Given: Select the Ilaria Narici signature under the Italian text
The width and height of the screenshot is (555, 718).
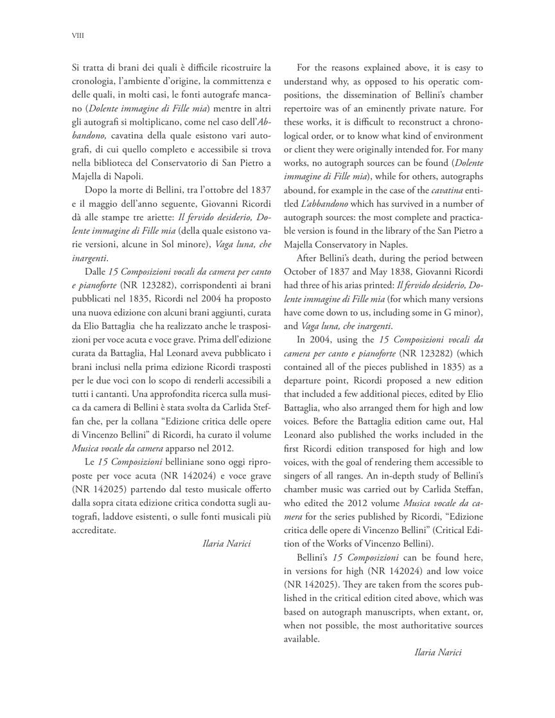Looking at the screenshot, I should (226, 543).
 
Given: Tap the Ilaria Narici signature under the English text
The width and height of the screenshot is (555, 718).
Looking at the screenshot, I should (439, 652).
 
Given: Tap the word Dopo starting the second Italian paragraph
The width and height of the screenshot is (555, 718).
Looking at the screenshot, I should (96, 190).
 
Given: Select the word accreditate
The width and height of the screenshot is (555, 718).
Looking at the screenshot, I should (94, 530).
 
